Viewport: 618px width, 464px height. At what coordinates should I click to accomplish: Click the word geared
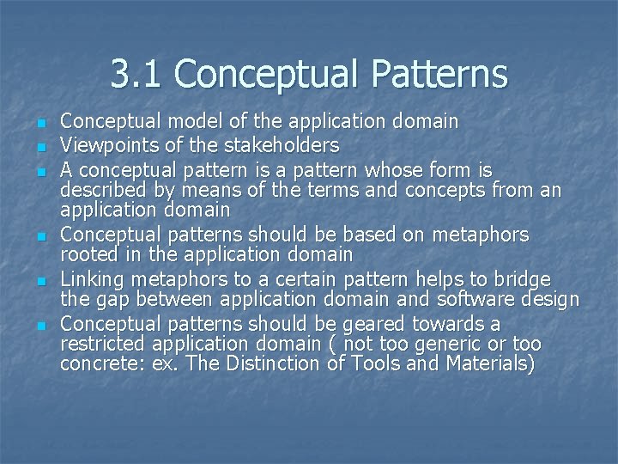point(371,323)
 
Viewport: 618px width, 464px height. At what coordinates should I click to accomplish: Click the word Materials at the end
point(490,365)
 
